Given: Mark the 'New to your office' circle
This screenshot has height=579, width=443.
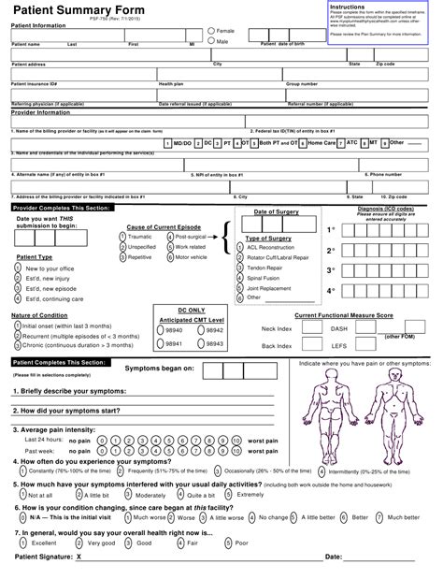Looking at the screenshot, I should click(x=17, y=268).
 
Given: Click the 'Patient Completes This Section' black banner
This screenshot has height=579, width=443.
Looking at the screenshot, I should click(x=59, y=361).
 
